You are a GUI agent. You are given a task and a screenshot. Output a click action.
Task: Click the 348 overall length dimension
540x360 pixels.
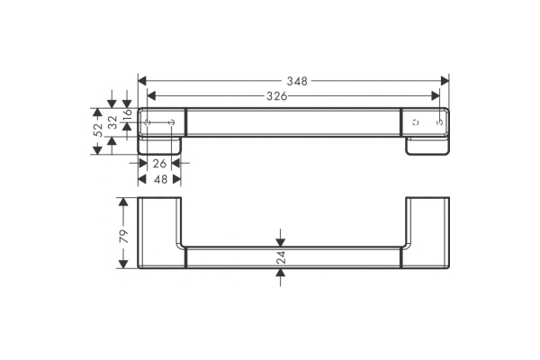tap(297, 81)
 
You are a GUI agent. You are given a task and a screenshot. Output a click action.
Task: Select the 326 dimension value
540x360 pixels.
tap(277, 96)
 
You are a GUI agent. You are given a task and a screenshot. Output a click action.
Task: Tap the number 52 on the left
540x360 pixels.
tap(98, 130)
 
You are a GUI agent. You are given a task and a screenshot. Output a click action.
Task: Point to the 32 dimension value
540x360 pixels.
tap(112, 122)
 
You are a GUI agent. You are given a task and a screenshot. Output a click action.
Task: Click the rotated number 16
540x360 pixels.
tap(127, 112)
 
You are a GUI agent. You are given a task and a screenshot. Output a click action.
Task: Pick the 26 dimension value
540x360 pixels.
tap(159, 163)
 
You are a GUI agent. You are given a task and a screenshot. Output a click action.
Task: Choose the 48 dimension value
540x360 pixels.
tap(160, 179)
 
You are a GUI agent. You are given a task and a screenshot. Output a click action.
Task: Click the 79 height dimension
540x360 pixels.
tap(123, 236)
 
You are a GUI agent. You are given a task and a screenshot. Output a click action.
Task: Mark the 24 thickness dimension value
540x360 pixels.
tap(281, 257)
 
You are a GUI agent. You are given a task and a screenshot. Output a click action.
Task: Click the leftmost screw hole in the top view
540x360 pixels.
tap(148, 122)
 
